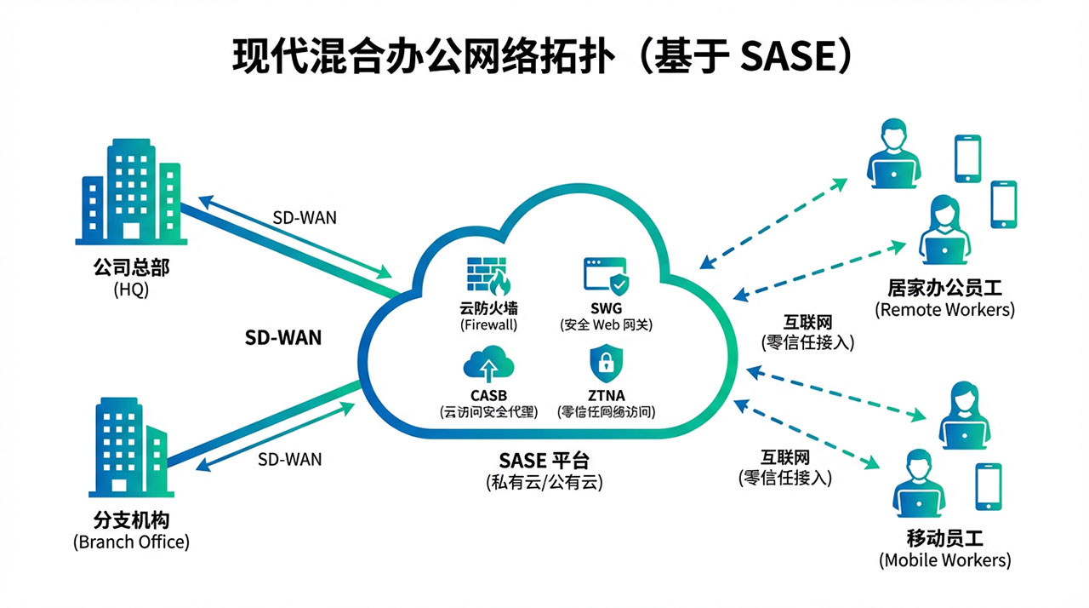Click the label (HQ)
click(131, 290)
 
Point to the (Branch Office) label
click(131, 542)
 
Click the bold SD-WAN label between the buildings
click(283, 337)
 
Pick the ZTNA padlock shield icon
click(606, 365)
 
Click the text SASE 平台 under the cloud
click(544, 461)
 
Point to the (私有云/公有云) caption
click(544, 483)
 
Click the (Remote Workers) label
click(944, 310)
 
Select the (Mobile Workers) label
click(944, 560)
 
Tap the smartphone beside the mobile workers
click(988, 487)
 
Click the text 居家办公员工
click(944, 288)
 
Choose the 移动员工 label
click(944, 538)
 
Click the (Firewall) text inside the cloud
click(488, 324)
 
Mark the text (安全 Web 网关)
click(606, 324)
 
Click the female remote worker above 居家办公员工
click(944, 229)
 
